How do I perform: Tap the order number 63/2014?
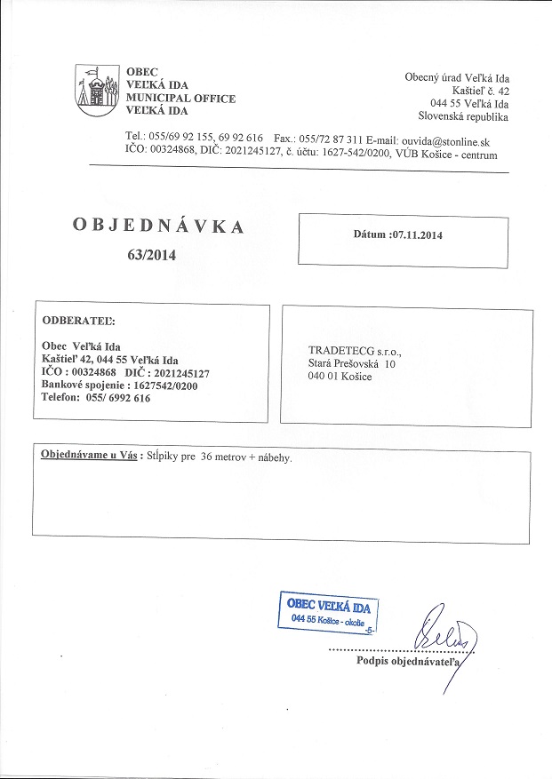[x=152, y=255]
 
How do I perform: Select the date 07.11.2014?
[x=417, y=235]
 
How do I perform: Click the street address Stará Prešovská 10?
[x=351, y=363]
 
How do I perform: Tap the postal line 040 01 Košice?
[x=340, y=377]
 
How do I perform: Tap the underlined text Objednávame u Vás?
[x=87, y=456]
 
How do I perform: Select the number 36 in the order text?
[x=211, y=457]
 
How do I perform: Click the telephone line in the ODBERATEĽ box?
[x=96, y=398]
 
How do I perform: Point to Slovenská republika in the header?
[x=463, y=115]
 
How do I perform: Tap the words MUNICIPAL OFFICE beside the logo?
[x=180, y=98]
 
